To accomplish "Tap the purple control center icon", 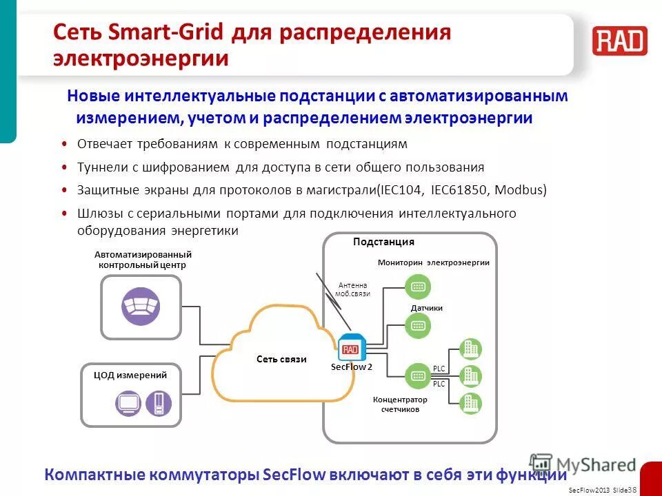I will [x=141, y=307].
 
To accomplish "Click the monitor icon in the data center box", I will [x=128, y=403].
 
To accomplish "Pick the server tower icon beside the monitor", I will [x=159, y=403].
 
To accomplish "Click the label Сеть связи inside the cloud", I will [x=281, y=360].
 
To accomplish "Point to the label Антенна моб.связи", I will [x=352, y=289].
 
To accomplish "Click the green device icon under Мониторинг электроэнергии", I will [x=417, y=286].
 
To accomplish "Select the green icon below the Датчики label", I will [x=417, y=324].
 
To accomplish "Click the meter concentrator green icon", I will [x=417, y=375].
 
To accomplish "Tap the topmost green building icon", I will [x=470, y=349].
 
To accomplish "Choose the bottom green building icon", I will [x=470, y=402].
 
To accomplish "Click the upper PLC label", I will [x=439, y=369].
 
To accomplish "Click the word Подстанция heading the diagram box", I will [x=383, y=242].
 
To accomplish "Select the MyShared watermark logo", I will [x=583, y=464].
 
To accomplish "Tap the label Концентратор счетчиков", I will [x=400, y=404].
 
